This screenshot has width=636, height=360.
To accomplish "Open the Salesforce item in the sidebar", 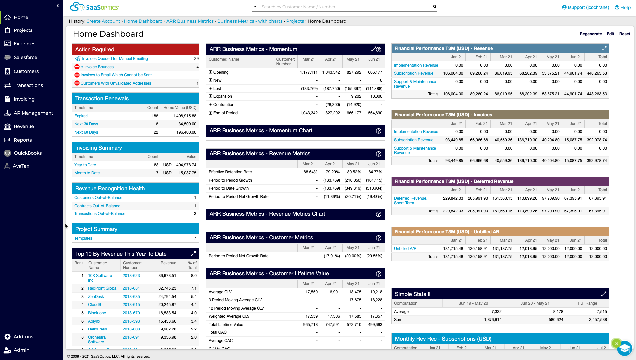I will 25,57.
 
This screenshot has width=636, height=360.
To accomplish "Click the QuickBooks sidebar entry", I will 28,153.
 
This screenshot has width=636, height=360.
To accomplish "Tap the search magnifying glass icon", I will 434,7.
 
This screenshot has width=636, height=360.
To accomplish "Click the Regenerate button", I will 590,34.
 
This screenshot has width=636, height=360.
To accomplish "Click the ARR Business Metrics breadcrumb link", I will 190,21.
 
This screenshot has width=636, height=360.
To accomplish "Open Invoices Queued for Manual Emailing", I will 115,59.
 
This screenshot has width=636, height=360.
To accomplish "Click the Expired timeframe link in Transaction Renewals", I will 81,116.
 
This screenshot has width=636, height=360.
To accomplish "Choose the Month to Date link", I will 87,173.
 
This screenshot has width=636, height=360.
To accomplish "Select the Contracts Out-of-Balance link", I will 97,206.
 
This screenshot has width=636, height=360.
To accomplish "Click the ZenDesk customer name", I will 96,297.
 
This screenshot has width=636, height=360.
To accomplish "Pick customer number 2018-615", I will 131,305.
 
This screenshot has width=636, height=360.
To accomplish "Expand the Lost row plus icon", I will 210,89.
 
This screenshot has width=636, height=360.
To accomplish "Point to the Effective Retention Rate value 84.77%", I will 375,172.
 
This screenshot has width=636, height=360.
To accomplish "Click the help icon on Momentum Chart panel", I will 378,131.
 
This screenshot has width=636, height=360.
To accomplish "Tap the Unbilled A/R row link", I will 405,249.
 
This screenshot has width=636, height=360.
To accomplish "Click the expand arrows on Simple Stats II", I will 603,294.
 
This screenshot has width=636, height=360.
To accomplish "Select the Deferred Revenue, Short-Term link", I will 410,201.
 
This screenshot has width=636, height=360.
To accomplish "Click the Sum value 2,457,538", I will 598,320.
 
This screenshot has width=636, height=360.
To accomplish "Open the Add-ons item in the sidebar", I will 23,337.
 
